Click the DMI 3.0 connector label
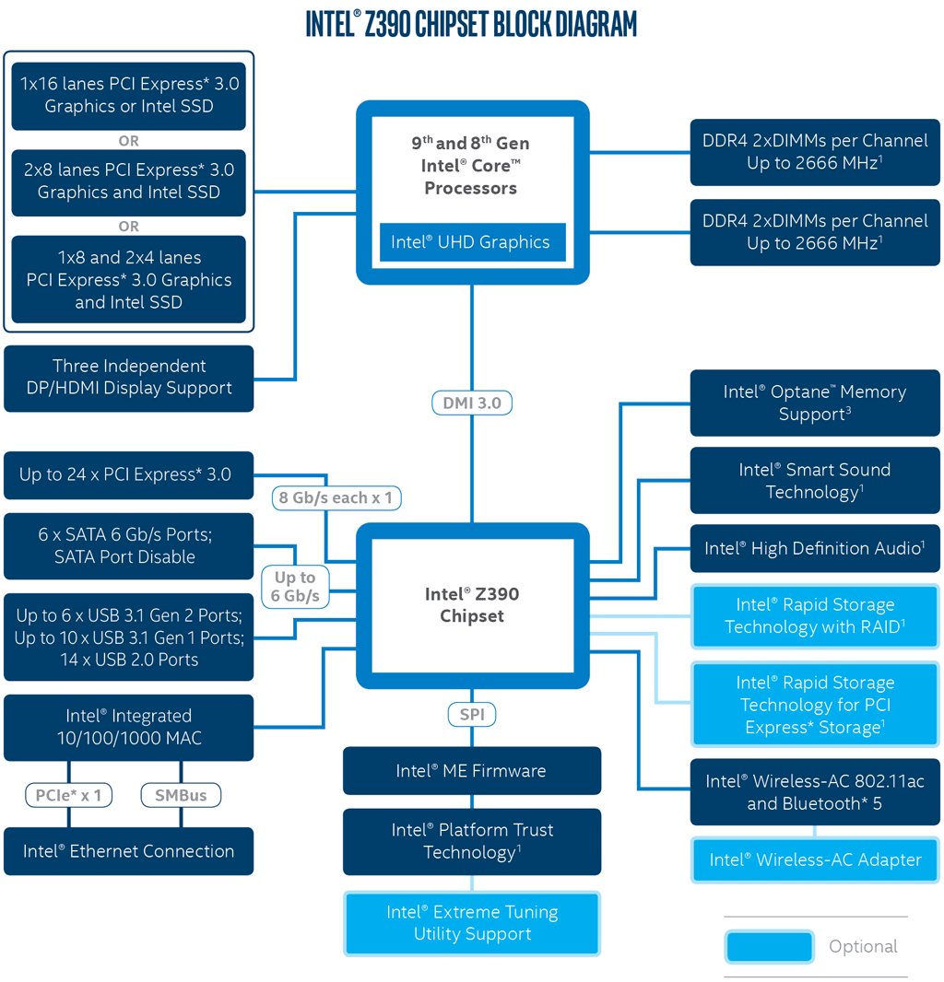coord(472,403)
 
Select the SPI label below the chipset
coord(472,714)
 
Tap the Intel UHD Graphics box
coord(471,242)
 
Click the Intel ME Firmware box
coord(472,771)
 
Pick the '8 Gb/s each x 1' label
coord(336,498)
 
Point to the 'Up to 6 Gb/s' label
coord(295,587)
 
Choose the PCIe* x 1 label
coord(69,795)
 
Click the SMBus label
coord(181,795)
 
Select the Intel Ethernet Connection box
coord(128,851)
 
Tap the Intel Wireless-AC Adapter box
coord(815,860)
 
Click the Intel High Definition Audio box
coord(815,548)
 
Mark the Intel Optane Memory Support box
coord(815,403)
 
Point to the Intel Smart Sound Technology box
coord(815,481)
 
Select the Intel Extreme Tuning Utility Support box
coord(472,923)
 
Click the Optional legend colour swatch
coord(770,947)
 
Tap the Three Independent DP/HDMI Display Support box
coord(128,378)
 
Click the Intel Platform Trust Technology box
coord(472,841)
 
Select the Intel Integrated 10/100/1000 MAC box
coord(128,728)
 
